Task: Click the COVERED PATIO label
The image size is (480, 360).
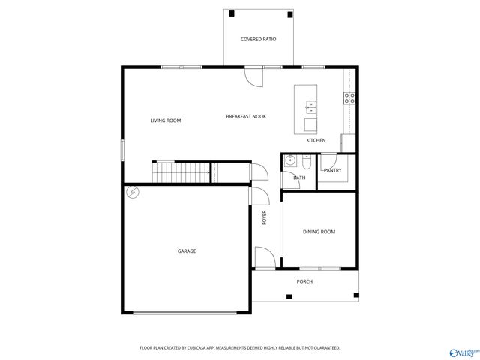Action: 257,39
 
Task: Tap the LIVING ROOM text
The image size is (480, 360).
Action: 165,121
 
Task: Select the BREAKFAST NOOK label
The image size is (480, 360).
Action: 246,116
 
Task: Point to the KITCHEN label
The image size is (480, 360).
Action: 316,141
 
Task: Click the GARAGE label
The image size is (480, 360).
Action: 187,251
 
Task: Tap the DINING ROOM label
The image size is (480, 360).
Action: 319,232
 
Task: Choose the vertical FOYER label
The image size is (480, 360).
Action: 264,218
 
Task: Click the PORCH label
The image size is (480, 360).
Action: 304,281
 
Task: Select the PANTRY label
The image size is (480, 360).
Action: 332,170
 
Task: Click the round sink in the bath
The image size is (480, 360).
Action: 289,161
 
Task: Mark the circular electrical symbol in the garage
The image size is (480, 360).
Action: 133,192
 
